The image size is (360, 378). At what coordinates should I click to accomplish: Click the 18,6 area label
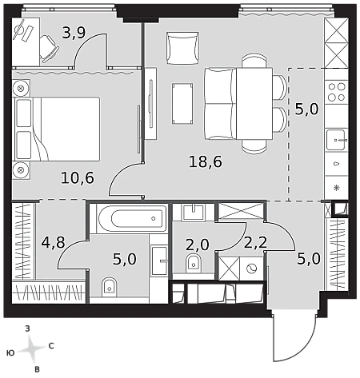(206, 161)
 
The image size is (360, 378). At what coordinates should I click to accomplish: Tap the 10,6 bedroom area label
(78, 178)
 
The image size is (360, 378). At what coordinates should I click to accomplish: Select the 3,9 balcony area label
(74, 33)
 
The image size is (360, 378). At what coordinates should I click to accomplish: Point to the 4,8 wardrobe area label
(54, 242)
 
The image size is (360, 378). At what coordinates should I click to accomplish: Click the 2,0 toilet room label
(198, 245)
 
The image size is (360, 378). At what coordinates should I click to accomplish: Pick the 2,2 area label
(255, 243)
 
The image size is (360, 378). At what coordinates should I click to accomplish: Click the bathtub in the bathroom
(130, 219)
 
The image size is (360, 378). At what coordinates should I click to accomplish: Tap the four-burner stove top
(337, 92)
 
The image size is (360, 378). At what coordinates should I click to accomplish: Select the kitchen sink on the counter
(337, 140)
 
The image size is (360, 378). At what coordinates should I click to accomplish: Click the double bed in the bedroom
(57, 129)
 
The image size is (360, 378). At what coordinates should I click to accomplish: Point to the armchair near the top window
(182, 48)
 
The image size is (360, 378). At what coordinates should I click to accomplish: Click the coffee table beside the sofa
(182, 104)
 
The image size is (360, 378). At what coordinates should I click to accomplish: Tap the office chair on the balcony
(49, 49)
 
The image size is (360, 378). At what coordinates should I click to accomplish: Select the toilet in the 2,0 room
(193, 262)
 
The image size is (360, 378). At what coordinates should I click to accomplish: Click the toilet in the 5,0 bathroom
(110, 287)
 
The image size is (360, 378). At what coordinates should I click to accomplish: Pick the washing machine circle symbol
(251, 269)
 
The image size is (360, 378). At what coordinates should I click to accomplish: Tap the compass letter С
(51, 346)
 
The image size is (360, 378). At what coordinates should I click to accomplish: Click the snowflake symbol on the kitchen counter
(337, 188)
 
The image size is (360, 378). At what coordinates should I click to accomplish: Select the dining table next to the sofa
(254, 104)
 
